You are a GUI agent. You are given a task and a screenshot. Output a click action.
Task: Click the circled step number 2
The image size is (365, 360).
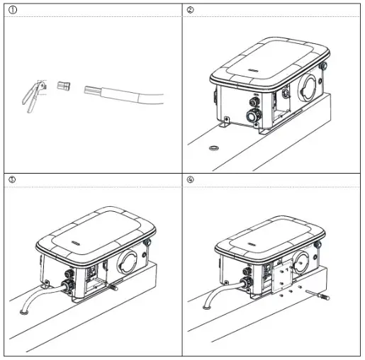coord(190,9)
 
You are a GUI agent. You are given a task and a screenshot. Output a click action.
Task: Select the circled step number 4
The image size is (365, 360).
coord(190,179)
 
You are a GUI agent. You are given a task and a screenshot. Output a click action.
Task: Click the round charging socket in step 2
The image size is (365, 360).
coord(310,86)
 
